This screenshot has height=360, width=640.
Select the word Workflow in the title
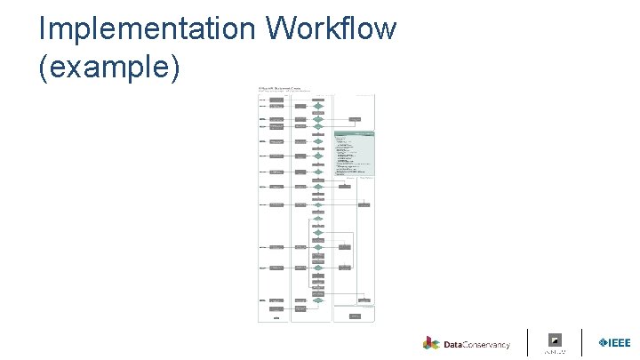point(331,28)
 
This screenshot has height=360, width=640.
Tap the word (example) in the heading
point(109,68)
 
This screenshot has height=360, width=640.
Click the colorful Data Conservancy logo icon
point(431,343)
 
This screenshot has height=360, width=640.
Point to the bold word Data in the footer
point(453,344)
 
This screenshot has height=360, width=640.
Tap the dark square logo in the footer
point(556,340)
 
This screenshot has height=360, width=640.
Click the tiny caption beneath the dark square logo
point(556,351)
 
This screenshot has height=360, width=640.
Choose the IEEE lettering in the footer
point(619,343)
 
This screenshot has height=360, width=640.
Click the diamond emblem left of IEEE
point(601,343)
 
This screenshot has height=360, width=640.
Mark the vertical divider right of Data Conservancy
point(528,342)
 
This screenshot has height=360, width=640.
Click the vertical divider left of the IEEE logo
point(582,342)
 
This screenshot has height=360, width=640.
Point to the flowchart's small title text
point(279,88)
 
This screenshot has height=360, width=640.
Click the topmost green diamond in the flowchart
point(317,106)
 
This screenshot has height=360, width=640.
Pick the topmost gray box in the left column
point(276,100)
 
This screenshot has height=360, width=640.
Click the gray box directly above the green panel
point(355,118)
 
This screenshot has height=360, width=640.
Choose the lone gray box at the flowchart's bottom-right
point(355,316)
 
